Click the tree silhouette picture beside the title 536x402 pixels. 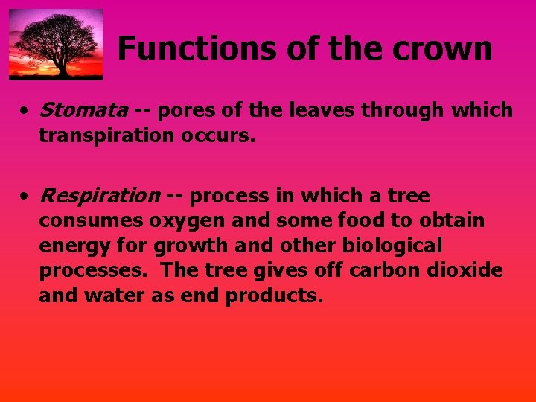point(56,44)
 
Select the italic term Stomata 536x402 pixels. point(83,111)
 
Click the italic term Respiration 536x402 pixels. point(98,196)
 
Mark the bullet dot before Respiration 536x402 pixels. point(25,197)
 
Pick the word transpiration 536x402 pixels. point(103,136)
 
